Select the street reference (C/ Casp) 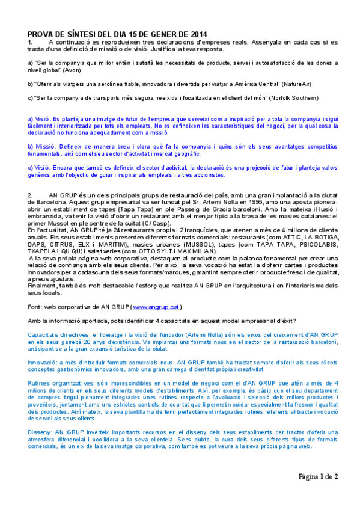158,224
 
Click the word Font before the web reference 34,307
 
